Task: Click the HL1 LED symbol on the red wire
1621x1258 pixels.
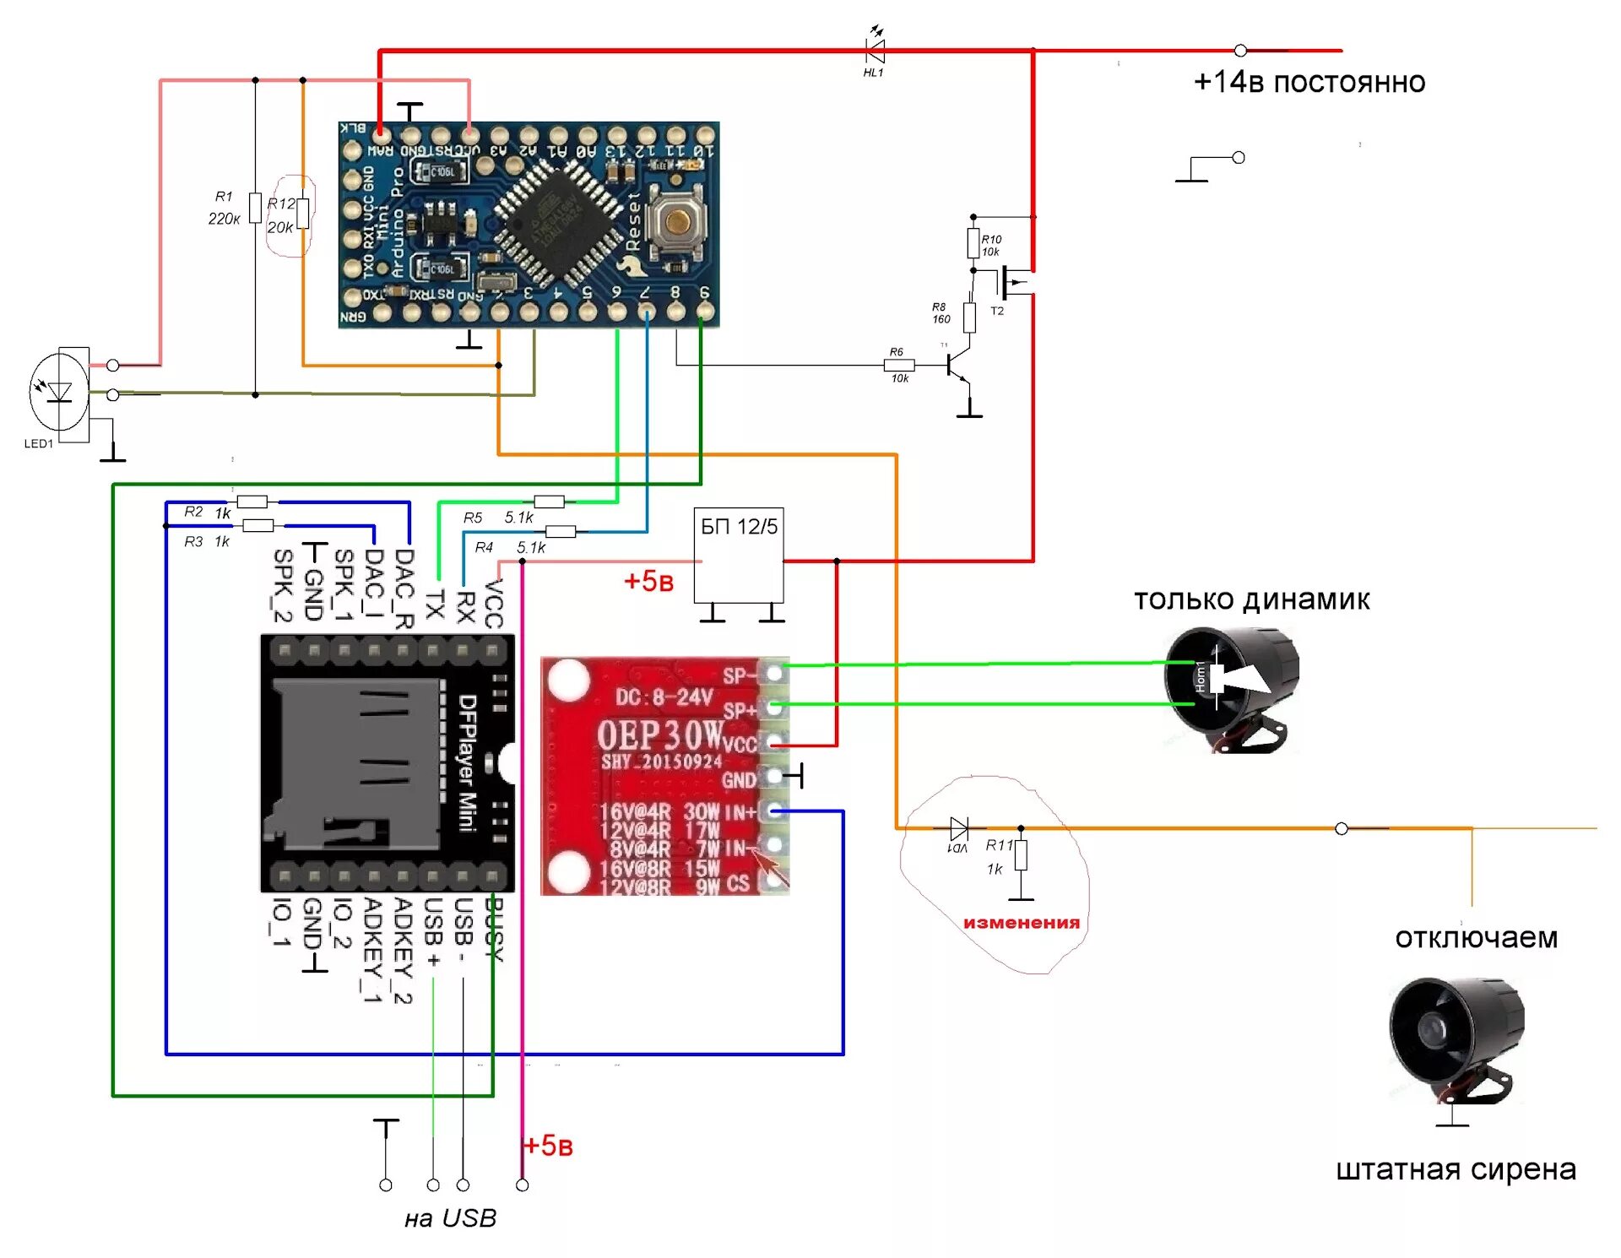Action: [x=876, y=51]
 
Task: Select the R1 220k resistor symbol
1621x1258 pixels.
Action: [x=255, y=208]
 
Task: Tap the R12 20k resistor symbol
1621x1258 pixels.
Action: [x=302, y=214]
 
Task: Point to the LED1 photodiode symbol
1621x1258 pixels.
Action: [x=59, y=392]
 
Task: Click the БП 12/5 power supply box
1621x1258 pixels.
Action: [x=739, y=555]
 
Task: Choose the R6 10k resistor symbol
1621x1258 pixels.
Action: [x=899, y=366]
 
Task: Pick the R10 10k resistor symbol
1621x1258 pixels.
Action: [x=973, y=244]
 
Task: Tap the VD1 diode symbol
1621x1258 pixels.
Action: [x=959, y=828]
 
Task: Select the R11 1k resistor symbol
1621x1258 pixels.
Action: [x=1021, y=855]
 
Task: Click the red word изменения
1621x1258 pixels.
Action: [x=1022, y=923]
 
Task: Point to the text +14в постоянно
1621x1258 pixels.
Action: [x=1309, y=82]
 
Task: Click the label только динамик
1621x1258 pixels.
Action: [x=1251, y=599]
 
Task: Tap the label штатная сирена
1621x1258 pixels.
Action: [x=1456, y=1169]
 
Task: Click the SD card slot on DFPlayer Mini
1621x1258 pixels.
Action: [x=355, y=764]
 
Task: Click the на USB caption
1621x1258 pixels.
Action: [x=450, y=1218]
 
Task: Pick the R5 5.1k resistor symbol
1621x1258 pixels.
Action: [x=549, y=502]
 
